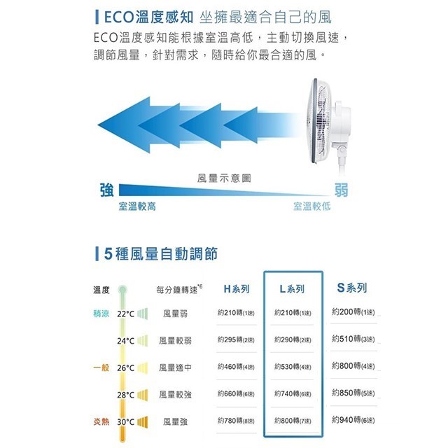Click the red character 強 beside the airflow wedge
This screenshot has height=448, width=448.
tap(108, 190)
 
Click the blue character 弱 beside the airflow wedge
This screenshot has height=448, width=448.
tap(342, 190)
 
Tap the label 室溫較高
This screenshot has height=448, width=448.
tap(137, 207)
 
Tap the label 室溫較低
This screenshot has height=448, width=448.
tap(311, 207)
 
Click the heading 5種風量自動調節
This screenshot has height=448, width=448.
tap(160, 253)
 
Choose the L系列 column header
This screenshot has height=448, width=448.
tap(292, 289)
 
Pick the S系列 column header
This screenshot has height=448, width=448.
tap(352, 288)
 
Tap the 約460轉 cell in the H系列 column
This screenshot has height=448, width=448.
tap(235, 367)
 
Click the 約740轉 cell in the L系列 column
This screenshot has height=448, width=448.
tap(293, 394)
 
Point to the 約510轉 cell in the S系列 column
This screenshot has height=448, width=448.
tap(353, 339)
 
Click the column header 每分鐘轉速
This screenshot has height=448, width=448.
tap(179, 289)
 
